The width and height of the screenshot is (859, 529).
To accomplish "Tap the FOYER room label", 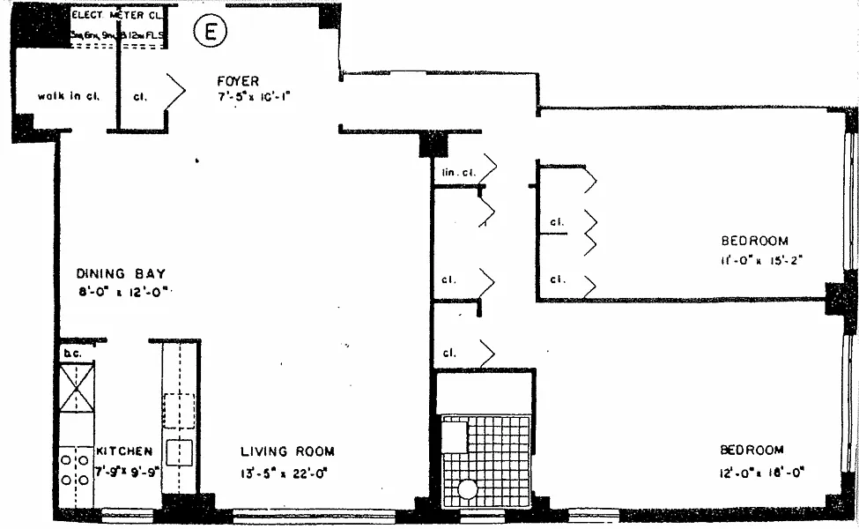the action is [238, 82].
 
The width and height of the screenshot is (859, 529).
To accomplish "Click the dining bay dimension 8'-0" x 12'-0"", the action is [122, 293].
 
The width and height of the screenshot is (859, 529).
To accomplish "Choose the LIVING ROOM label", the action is [287, 451].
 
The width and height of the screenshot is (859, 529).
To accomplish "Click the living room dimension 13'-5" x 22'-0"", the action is [285, 472].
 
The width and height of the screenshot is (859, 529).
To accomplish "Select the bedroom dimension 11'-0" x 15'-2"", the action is [763, 259].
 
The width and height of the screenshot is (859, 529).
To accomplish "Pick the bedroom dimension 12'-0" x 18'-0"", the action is [763, 472].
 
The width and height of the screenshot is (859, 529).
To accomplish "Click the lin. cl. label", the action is [453, 172].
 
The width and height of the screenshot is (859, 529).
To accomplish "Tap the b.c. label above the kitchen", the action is [70, 354].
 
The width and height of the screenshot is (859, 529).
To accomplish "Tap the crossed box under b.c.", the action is [76, 387].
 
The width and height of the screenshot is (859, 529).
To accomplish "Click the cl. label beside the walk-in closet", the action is [139, 96].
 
